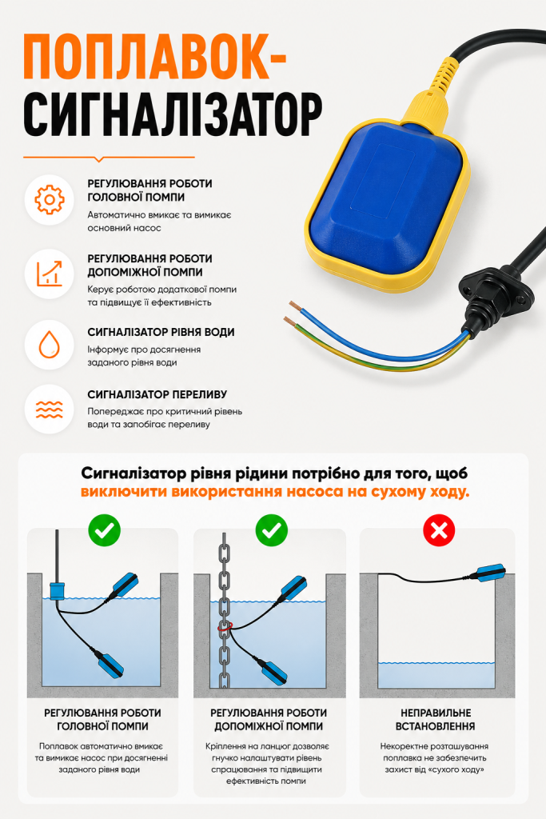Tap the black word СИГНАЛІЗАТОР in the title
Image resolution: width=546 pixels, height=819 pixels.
click(173, 115)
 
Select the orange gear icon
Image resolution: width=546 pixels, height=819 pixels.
click(50, 199)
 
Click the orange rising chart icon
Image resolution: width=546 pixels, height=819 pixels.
click(50, 274)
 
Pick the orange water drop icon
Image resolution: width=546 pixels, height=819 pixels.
click(50, 344)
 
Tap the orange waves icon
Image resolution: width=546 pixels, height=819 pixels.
click(50, 409)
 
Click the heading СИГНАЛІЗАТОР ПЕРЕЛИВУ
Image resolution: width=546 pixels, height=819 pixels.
click(157, 394)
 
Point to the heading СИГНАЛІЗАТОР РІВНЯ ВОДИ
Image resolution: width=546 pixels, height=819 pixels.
click(161, 332)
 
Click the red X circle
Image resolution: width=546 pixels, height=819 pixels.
click(438, 531)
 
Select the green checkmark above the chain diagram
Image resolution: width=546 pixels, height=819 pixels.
click(272, 531)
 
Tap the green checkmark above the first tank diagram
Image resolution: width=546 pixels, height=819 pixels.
click(105, 531)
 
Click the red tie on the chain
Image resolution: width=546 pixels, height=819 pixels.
click(225, 626)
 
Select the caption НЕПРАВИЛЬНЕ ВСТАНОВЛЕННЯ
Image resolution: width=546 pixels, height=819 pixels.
click(436, 719)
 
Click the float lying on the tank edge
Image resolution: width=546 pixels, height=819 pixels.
click(488, 573)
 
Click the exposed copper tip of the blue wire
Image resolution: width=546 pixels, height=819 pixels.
click(296, 306)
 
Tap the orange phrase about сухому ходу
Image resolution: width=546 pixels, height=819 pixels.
click(274, 492)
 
